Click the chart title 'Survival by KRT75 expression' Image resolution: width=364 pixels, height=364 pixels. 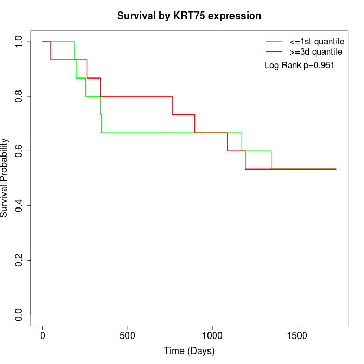tap(189, 16)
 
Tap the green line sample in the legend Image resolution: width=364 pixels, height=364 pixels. tap(274, 41)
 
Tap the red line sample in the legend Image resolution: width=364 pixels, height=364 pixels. tap(274, 51)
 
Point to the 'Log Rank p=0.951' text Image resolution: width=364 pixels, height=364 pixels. tap(299, 66)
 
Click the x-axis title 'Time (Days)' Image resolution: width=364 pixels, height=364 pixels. tap(189, 351)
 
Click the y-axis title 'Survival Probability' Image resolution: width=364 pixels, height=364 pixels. tap(5, 178)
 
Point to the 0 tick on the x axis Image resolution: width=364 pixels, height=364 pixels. tap(43, 335)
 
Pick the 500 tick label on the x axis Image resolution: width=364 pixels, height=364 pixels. tap(127, 335)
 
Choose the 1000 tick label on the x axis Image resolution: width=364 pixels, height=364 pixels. tap(212, 335)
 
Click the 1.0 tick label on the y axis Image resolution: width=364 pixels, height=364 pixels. tap(19, 42)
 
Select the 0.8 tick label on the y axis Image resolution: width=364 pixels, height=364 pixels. tap(19, 96)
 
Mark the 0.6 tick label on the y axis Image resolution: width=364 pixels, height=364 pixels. tap(19, 151)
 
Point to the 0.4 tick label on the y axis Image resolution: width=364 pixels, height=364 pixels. tap(19, 205)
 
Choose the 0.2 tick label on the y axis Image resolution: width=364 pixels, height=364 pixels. tap(19, 260)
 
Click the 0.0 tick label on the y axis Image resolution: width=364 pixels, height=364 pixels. tap(19, 315)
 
